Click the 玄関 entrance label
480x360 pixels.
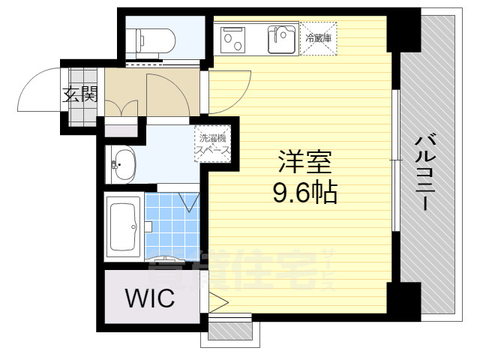[79, 94]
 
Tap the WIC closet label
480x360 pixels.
[149, 298]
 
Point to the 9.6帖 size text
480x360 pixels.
[304, 194]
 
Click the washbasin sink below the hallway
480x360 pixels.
[124, 163]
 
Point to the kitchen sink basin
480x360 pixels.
[283, 37]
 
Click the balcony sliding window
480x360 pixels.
[395, 161]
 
